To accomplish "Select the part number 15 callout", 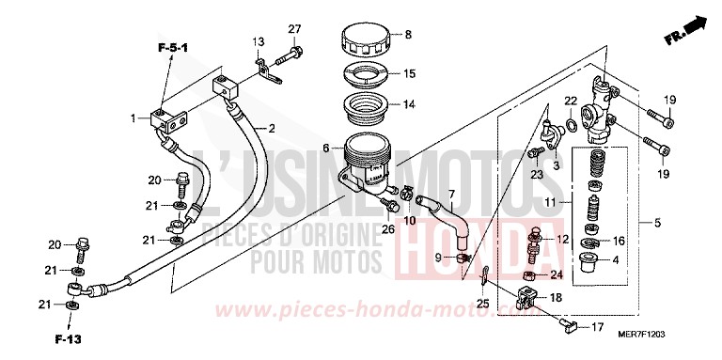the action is [x=409, y=73].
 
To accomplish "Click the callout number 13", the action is [x=257, y=40].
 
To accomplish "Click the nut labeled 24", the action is [x=529, y=275].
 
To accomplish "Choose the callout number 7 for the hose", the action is [x=451, y=195].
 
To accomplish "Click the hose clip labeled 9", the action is [x=464, y=257].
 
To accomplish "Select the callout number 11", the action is [x=551, y=201].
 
